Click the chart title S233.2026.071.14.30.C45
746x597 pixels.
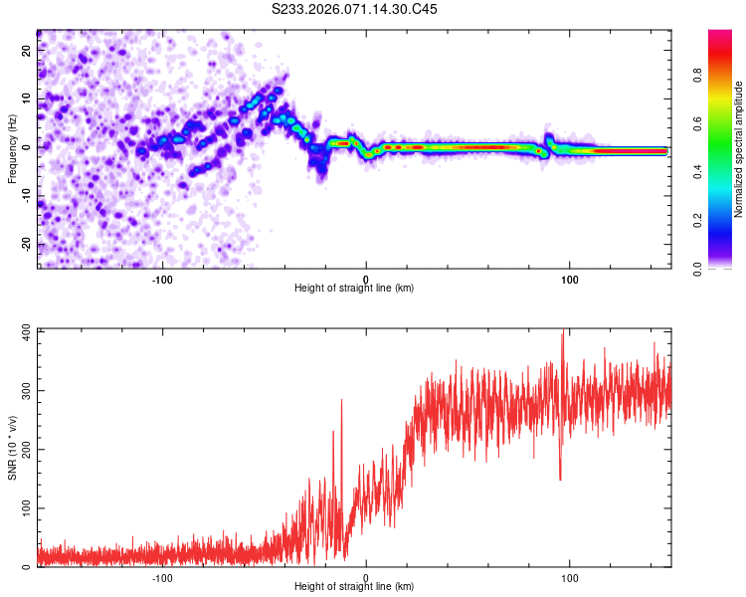tap(355, 9)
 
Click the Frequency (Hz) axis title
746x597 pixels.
tap(12, 148)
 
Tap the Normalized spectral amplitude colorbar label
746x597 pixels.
tap(739, 149)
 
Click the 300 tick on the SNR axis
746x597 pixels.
tap(24, 389)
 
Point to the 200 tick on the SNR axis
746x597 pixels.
tap(24, 449)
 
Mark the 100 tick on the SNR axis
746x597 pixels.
tap(24, 508)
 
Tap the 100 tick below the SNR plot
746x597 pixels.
tap(570, 578)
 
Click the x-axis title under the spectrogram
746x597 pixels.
tap(354, 289)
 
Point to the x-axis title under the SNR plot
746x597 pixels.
tap(354, 588)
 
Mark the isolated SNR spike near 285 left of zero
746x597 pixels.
tap(341, 400)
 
